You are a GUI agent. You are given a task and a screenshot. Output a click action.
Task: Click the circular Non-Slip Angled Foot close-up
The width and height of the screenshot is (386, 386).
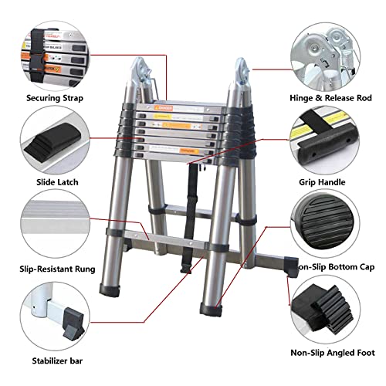332,309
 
